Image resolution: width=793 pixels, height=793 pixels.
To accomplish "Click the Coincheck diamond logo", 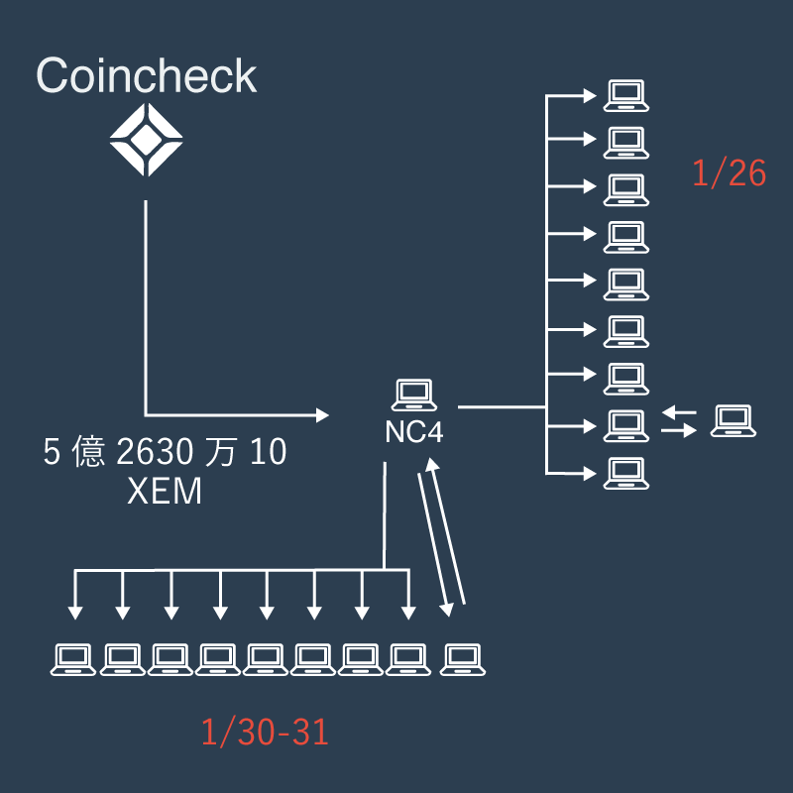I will coord(147,142).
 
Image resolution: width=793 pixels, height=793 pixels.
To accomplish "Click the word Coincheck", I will coord(147,76).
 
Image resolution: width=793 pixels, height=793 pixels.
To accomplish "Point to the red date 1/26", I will coord(730,173).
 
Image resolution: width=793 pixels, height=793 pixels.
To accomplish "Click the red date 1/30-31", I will coord(265,734).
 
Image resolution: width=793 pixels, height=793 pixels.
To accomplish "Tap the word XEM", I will coord(165,491).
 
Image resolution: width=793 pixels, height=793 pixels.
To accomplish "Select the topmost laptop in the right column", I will coord(626,95).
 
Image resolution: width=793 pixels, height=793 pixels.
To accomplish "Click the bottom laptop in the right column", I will coord(626,471).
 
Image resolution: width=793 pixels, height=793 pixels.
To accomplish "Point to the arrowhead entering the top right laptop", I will coord(590,96).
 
